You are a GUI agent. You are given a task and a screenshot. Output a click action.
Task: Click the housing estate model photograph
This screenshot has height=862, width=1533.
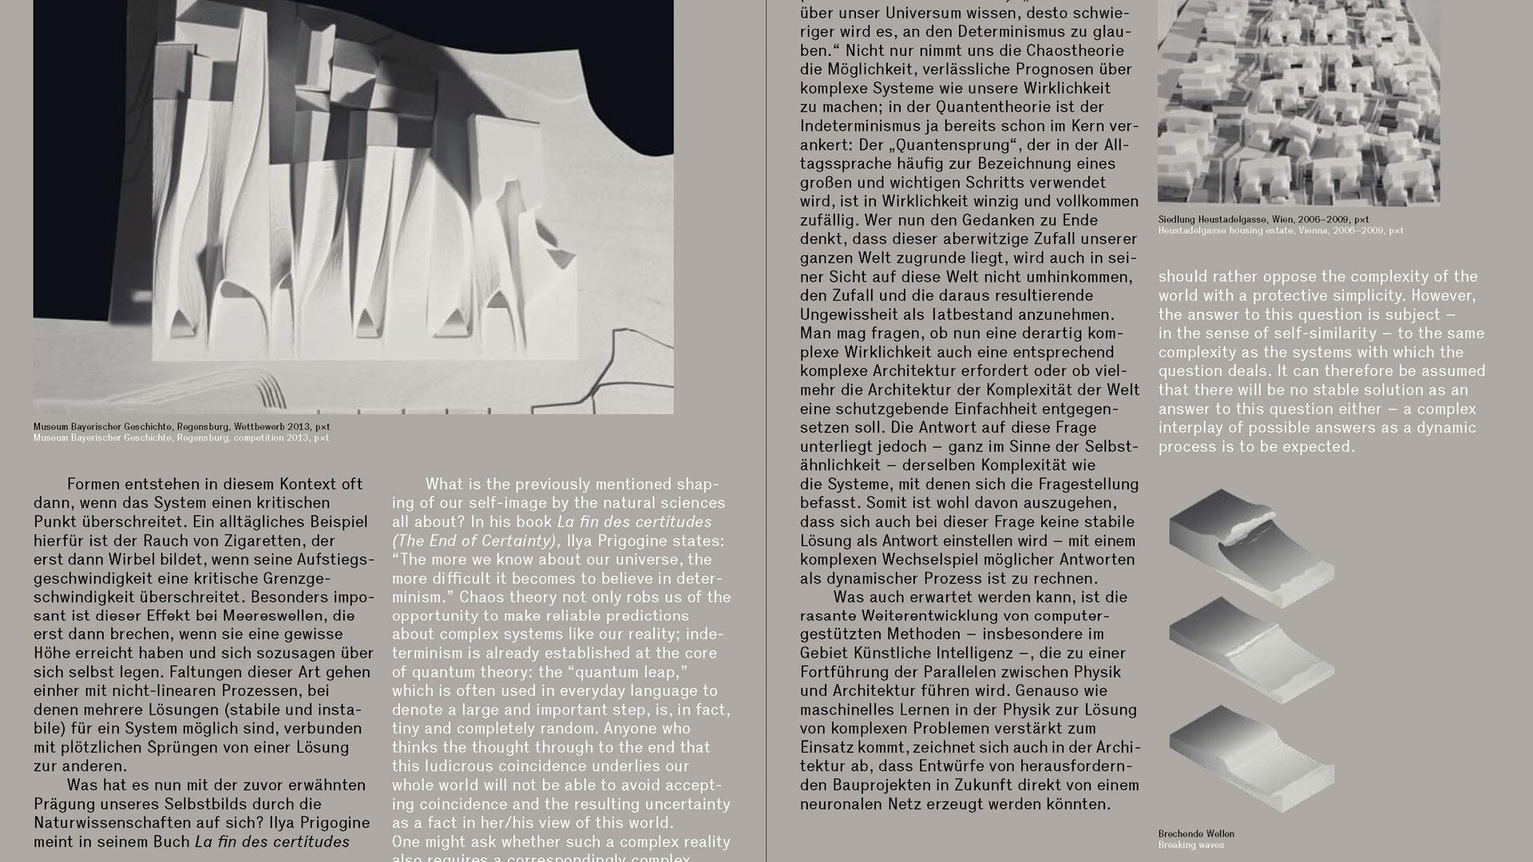pos(1298,102)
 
